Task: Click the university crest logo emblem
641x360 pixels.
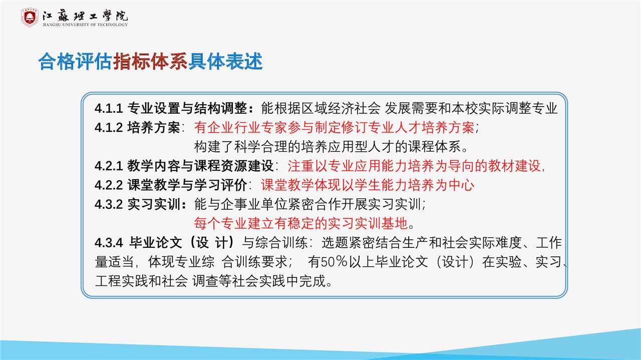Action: [30, 18]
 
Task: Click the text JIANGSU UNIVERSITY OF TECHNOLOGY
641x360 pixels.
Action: [85, 25]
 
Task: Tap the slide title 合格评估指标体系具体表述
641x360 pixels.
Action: [151, 61]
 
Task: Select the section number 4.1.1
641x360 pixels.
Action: [109, 109]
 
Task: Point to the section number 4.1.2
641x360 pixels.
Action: [109, 128]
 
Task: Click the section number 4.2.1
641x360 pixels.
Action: [109, 166]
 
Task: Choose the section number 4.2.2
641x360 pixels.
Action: [109, 185]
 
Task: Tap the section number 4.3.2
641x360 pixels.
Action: [109, 204]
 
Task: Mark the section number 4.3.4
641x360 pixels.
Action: [109, 243]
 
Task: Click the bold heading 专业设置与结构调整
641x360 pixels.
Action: [187, 109]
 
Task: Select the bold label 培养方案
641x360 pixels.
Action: [154, 128]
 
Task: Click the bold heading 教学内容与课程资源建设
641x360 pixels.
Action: [200, 166]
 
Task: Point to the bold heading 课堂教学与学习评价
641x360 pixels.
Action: [187, 185]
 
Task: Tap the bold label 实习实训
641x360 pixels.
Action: [154, 204]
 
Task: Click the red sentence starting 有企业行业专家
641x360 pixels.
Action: [334, 128]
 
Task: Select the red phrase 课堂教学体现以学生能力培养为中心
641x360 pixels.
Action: [368, 185]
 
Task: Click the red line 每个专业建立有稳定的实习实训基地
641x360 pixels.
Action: [301, 223]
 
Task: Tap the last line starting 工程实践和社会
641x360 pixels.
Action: [213, 281]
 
